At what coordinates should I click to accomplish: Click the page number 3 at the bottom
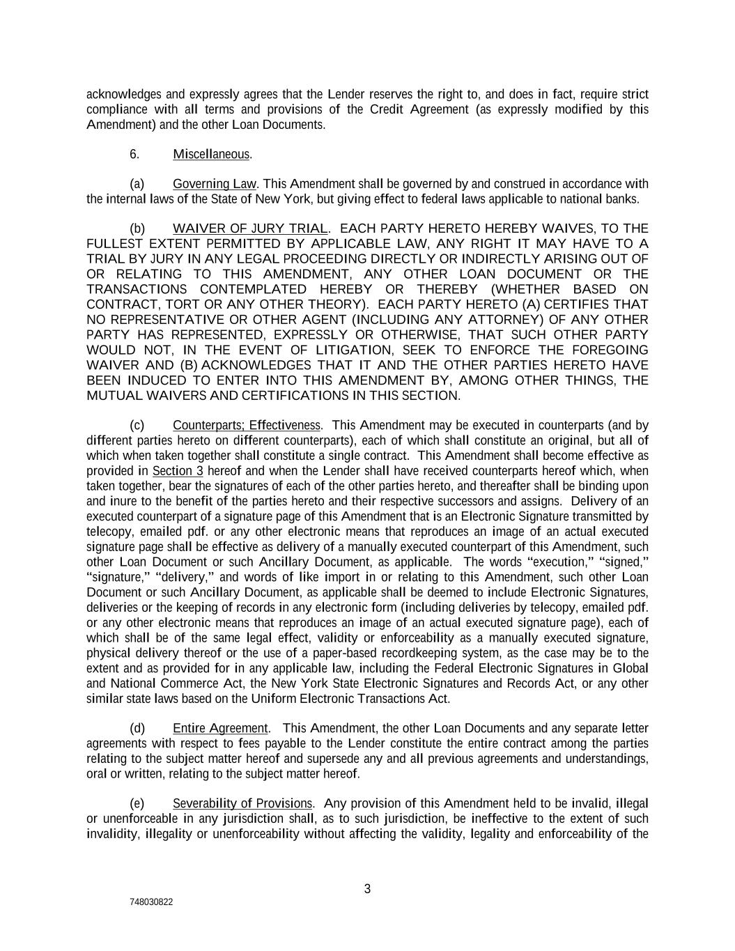pyautogui.click(x=367, y=889)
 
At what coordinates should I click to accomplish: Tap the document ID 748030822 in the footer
pyautogui.click(x=151, y=902)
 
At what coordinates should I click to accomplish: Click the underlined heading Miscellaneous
pyautogui.click(x=211, y=154)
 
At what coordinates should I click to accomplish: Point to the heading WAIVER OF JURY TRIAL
pyautogui.click(x=249, y=229)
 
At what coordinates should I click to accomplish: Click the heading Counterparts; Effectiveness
pyautogui.click(x=247, y=425)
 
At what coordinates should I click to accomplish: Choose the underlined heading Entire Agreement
pyautogui.click(x=220, y=728)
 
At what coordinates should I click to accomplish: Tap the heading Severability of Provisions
pyautogui.click(x=242, y=803)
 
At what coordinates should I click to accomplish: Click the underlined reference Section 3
pyautogui.click(x=178, y=471)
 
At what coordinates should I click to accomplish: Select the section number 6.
pyautogui.click(x=134, y=154)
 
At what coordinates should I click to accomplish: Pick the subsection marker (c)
pyautogui.click(x=137, y=425)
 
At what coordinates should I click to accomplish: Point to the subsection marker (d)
pyautogui.click(x=137, y=728)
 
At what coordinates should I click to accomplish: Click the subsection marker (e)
pyautogui.click(x=137, y=803)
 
